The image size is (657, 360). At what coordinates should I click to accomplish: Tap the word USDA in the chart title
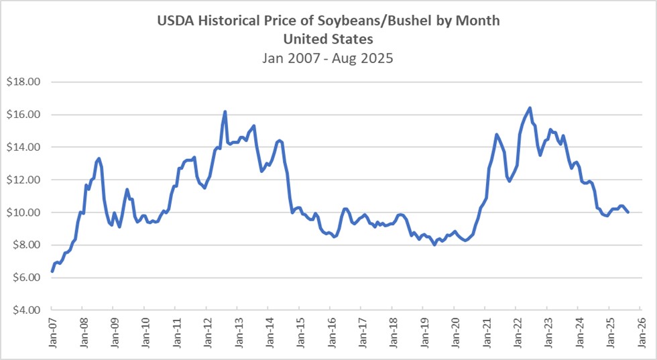[x=176, y=21]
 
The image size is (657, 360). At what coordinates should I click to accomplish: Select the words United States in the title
[x=328, y=39]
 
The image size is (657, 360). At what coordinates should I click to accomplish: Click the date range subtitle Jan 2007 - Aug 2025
[x=328, y=58]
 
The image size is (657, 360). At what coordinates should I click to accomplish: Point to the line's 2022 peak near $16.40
[x=530, y=108]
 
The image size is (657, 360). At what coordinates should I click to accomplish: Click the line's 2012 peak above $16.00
[x=225, y=112]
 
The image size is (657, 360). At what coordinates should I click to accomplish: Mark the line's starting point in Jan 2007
[x=52, y=271]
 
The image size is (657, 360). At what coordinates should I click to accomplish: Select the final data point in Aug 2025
[x=628, y=212]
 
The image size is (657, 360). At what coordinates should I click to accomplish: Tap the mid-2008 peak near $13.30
[x=99, y=158]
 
